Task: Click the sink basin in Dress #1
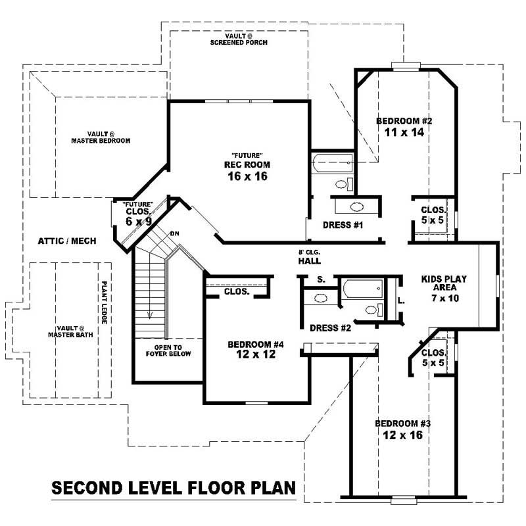pos(356,206)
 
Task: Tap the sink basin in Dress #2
pos(321,299)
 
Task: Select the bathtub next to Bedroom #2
pos(333,162)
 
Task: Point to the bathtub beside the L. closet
pos(362,287)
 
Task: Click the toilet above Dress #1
pos(343,183)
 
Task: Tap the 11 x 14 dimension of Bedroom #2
pos(403,132)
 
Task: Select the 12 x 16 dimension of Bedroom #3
pos(403,435)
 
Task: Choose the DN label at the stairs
pos(174,233)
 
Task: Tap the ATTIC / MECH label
pos(67,241)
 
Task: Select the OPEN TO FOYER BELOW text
pos(168,350)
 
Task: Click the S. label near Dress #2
pos(321,279)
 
